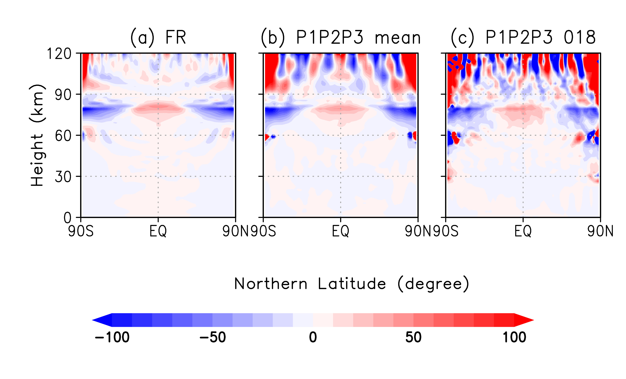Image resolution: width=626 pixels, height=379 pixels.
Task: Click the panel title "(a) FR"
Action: (158, 38)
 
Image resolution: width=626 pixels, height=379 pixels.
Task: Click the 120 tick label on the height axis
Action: (59, 54)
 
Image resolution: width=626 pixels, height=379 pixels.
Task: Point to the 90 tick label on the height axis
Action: (63, 95)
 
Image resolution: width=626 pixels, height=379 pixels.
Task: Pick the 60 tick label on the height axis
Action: (63, 136)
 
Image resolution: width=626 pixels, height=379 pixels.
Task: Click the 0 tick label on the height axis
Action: (67, 218)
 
